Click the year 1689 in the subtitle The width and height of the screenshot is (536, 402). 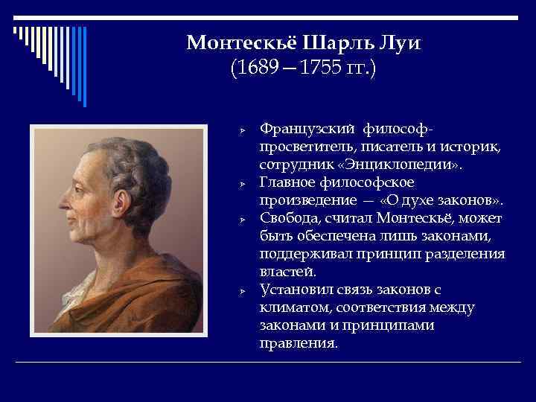point(256,70)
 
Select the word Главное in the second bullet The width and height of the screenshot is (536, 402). point(287,182)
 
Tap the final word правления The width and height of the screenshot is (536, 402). point(299,345)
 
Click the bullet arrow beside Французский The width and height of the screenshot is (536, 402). point(243,130)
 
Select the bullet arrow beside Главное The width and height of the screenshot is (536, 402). point(243,182)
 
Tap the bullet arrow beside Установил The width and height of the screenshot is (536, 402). point(243,291)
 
